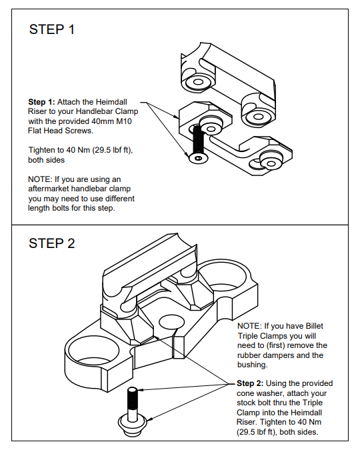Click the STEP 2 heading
click(51, 243)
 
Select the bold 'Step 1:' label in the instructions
click(41, 103)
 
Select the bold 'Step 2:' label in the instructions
click(251, 383)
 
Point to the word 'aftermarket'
click(51, 189)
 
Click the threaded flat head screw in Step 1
click(197, 144)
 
